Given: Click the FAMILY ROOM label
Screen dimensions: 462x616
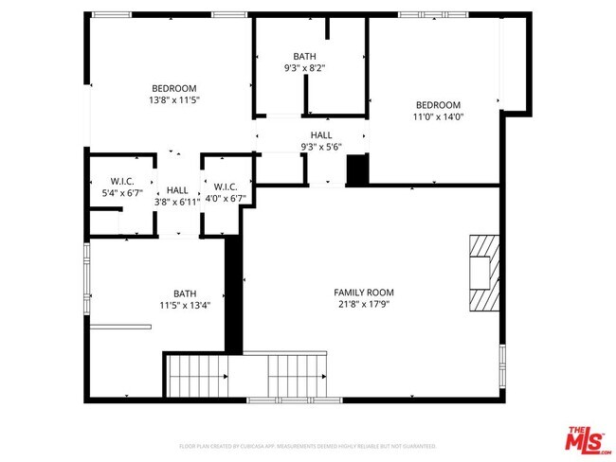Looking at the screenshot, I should pyautogui.click(x=364, y=293).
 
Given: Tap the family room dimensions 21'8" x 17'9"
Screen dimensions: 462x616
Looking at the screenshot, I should pyautogui.click(x=364, y=305).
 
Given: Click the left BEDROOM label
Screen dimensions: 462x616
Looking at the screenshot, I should pyautogui.click(x=174, y=88).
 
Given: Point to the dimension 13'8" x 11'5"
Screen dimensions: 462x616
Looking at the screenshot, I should pyautogui.click(x=174, y=100).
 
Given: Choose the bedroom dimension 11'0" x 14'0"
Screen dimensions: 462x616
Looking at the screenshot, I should pyautogui.click(x=438, y=117).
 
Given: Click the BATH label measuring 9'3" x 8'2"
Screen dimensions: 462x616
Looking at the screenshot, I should pyautogui.click(x=305, y=57).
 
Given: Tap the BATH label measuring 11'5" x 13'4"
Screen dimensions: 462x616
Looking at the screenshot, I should pyautogui.click(x=185, y=293).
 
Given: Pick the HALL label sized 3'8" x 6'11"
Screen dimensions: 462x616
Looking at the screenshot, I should pyautogui.click(x=178, y=190).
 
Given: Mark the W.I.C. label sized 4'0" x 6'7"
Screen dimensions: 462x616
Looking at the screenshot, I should pyautogui.click(x=226, y=187).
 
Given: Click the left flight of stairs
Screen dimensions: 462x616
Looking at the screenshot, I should pyautogui.click(x=197, y=377).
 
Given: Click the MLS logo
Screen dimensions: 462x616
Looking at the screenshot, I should pyautogui.click(x=589, y=440).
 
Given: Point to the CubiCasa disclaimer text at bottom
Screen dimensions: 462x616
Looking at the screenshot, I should pyautogui.click(x=308, y=446).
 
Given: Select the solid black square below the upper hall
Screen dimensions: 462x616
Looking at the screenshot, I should pyautogui.click(x=356, y=170).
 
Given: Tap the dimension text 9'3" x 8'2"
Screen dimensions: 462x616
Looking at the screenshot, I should pyautogui.click(x=305, y=68).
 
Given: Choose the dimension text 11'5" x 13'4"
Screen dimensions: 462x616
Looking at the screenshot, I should pyautogui.click(x=185, y=306).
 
